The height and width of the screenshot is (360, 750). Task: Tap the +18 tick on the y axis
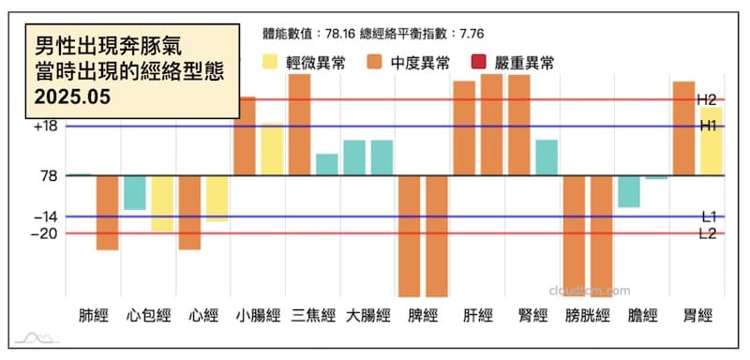click(45, 127)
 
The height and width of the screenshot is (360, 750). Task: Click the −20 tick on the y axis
click(45, 233)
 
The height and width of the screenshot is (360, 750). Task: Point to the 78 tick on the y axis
click(49, 175)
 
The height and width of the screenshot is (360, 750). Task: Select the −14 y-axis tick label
click(45, 217)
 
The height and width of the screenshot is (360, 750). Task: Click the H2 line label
click(707, 99)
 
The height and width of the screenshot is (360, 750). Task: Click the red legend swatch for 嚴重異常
click(480, 63)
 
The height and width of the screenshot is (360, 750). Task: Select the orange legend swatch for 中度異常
click(375, 63)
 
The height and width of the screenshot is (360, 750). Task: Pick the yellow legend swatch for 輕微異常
click(270, 63)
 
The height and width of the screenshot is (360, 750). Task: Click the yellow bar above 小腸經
click(272, 149)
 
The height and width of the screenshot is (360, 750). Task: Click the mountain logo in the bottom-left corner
click(38, 337)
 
